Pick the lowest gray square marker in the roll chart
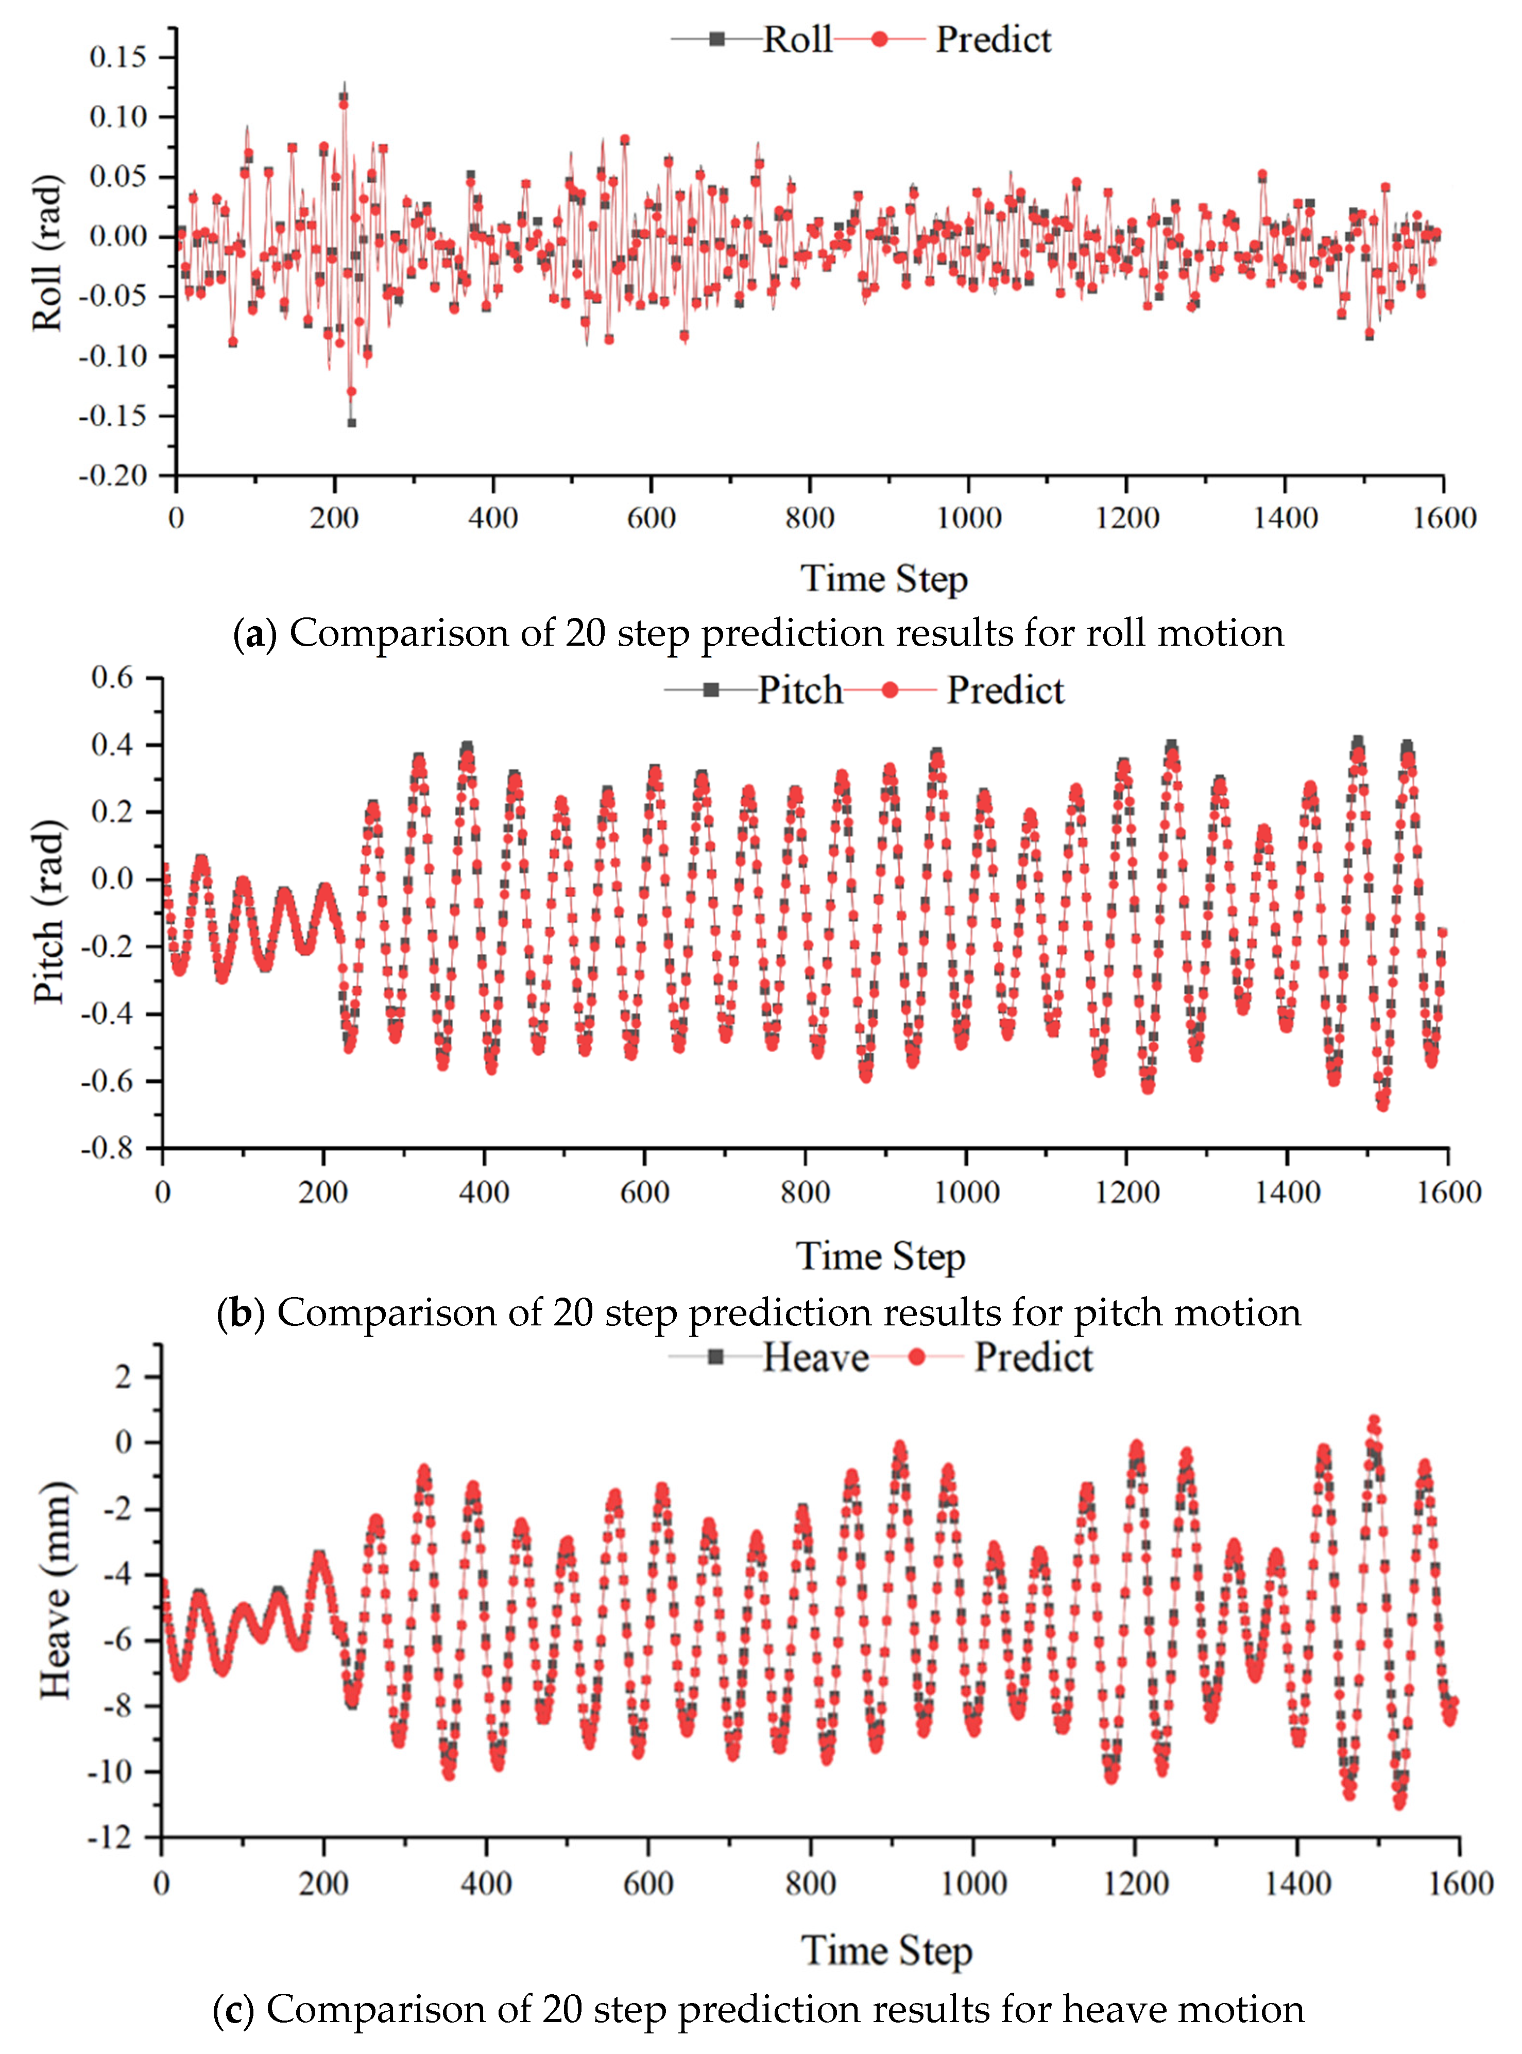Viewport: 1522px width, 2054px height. point(351,423)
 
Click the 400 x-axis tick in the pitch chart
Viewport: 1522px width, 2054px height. point(484,1193)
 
